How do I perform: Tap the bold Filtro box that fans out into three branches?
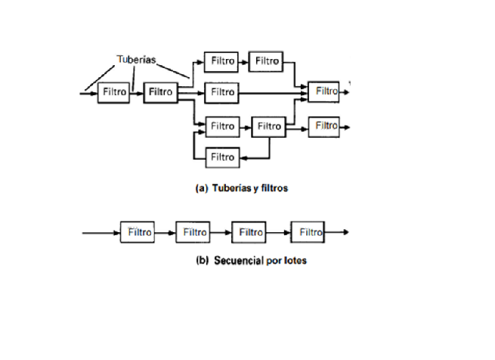[160, 92]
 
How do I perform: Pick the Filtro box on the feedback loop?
[222, 157]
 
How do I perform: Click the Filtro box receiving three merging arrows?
[326, 92]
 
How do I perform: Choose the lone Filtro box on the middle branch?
[221, 92]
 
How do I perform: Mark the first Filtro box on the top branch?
[221, 61]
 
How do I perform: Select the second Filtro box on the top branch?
[266, 61]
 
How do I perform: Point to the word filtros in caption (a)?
[271, 188]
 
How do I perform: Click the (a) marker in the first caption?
[201, 188]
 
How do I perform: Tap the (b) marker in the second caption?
[202, 260]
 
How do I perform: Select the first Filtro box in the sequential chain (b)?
[138, 232]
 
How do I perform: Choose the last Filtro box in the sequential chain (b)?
[308, 232]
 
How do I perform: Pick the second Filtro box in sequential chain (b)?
[193, 232]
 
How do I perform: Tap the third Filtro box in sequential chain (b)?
[249, 232]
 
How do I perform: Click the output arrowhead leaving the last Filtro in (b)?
[345, 232]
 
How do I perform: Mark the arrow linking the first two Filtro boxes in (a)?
[137, 92]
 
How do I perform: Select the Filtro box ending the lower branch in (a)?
[325, 126]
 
